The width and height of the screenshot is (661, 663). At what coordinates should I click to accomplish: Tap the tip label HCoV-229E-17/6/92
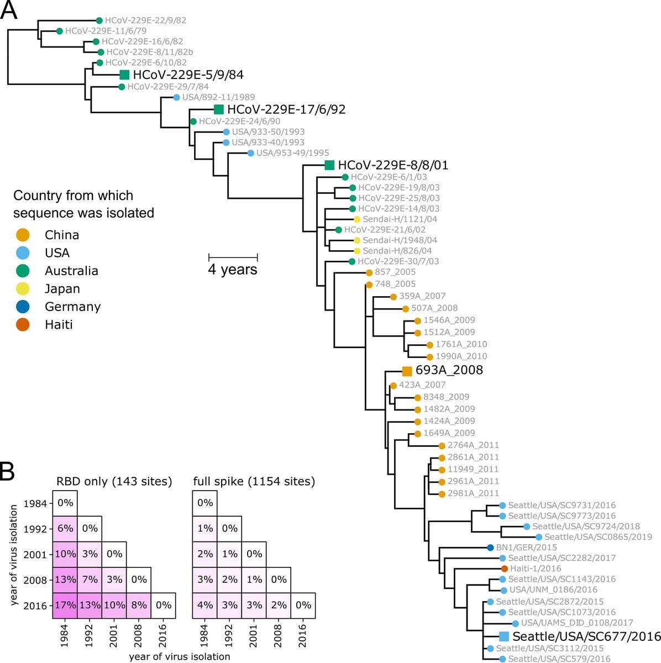[286, 109]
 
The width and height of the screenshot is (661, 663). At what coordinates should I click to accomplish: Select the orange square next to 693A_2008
[407, 371]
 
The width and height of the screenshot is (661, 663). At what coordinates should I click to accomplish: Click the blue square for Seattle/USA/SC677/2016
[503, 636]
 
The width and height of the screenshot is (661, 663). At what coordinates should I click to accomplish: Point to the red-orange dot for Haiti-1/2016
[504, 569]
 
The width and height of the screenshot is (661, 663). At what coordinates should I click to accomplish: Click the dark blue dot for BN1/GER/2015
[490, 548]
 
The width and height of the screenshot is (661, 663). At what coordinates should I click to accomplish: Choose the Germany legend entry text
[72, 307]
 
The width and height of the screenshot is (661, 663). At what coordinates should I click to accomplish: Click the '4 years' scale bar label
[233, 270]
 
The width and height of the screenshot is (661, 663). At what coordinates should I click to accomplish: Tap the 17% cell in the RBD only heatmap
[65, 605]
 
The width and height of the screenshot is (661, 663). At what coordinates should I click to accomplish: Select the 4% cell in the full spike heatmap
[204, 605]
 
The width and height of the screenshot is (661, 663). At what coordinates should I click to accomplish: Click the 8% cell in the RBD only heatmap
[139, 605]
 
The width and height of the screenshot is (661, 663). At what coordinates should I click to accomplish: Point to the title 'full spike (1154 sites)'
[254, 482]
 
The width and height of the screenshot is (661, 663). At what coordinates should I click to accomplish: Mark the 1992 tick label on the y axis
[37, 529]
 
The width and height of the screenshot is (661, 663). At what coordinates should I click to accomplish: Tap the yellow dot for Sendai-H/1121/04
[358, 219]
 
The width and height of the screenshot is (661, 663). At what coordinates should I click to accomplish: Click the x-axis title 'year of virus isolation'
[180, 657]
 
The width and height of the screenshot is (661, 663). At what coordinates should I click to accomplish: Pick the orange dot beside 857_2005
[369, 272]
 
